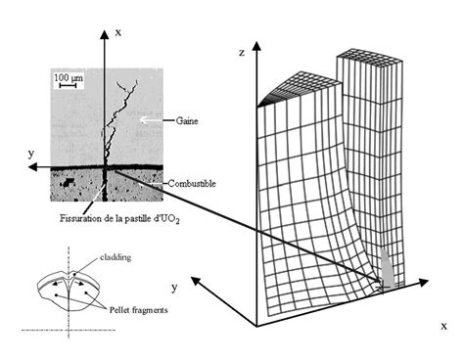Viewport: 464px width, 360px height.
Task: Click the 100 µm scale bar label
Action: [67, 75]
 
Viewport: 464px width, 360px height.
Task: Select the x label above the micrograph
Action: [117, 32]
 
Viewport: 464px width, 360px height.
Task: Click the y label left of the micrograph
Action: [32, 154]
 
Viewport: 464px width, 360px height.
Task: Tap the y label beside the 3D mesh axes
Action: [174, 288]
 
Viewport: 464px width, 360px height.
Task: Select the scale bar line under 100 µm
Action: [66, 85]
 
